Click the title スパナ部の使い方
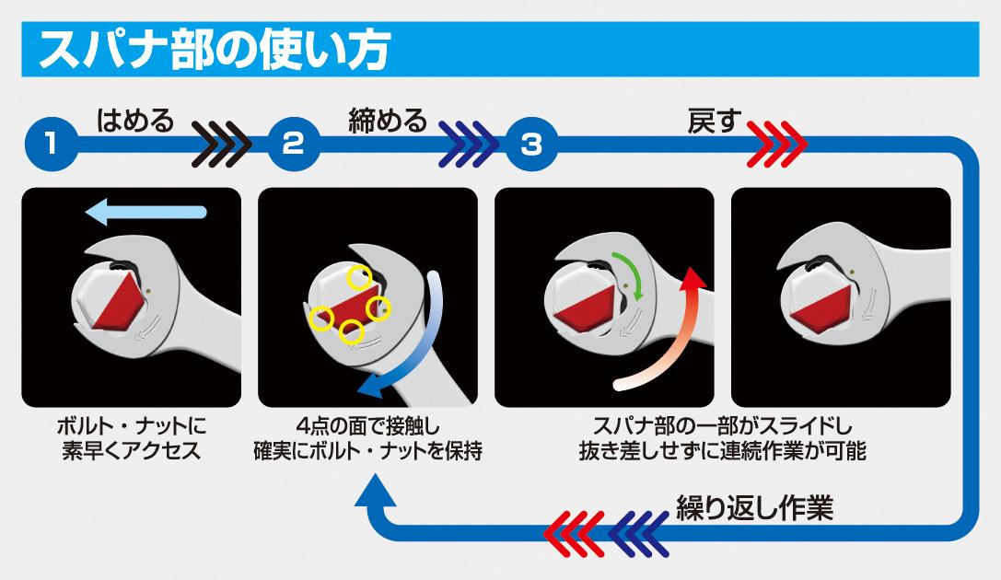[215, 50]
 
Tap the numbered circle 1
[52, 145]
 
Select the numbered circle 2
[293, 145]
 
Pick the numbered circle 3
[531, 145]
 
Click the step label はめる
[135, 120]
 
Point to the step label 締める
[388, 120]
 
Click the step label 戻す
[715, 121]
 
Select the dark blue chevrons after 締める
[468, 145]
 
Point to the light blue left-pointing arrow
[146, 213]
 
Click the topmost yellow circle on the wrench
[359, 277]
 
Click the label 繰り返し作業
[754, 508]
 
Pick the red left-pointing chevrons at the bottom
[574, 533]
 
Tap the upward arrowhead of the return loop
[376, 490]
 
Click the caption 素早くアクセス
[132, 451]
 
